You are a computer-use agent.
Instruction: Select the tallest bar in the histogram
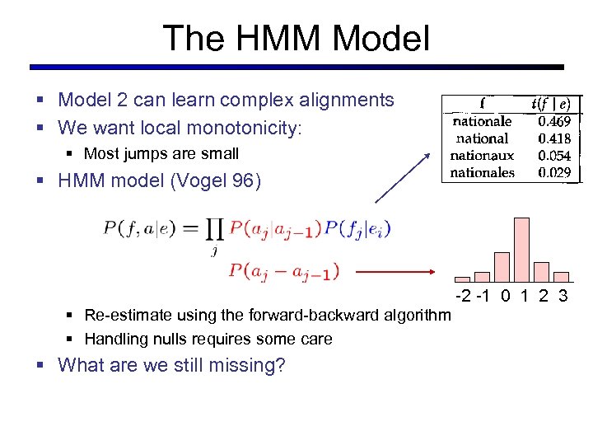click(x=521, y=250)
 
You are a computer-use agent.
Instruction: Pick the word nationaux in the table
click(x=483, y=156)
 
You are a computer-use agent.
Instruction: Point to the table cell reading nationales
click(x=483, y=172)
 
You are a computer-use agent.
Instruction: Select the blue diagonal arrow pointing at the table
click(x=404, y=176)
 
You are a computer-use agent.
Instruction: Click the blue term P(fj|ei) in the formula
click(x=357, y=228)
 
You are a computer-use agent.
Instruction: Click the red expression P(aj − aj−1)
click(x=283, y=269)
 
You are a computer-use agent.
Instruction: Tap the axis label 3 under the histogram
click(x=563, y=296)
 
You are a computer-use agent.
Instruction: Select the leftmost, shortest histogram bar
click(x=463, y=279)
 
